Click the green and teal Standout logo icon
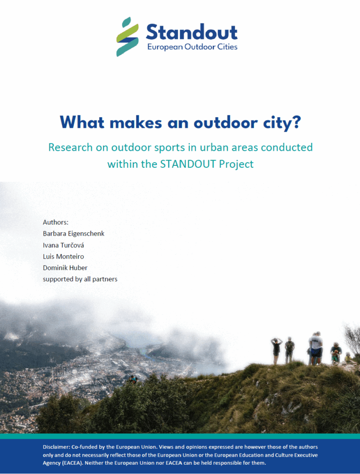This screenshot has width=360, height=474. coord(127,37)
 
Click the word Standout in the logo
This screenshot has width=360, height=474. coord(192,32)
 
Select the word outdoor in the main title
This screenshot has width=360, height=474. coord(225,122)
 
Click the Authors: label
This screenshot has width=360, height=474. coord(56,222)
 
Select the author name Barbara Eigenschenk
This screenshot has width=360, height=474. coord(74,234)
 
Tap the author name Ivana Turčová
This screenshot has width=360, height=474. coord(64,245)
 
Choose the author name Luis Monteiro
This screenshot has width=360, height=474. coord(64,256)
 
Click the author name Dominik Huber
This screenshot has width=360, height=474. coord(65,267)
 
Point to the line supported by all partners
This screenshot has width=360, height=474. coord(80,279)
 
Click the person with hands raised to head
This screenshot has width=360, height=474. coord(276,351)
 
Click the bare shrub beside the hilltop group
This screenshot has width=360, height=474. coord(352,339)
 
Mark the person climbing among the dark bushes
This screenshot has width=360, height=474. coord(133,380)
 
